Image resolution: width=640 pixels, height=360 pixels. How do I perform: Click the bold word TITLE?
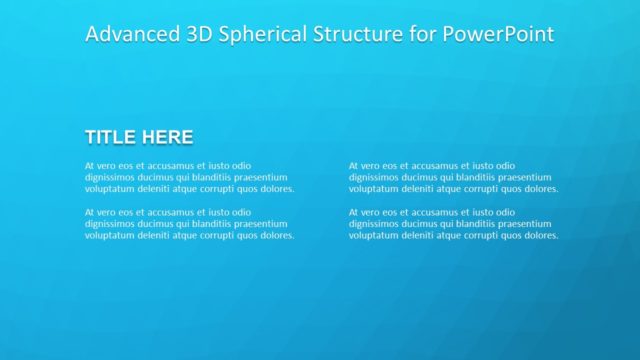click(111, 137)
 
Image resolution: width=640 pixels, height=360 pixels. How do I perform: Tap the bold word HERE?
click(167, 137)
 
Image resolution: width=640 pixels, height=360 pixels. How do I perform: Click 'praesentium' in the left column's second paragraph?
click(261, 224)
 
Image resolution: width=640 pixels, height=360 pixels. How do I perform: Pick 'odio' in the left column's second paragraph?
click(240, 212)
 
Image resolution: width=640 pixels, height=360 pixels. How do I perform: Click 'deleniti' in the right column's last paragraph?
click(418, 236)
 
